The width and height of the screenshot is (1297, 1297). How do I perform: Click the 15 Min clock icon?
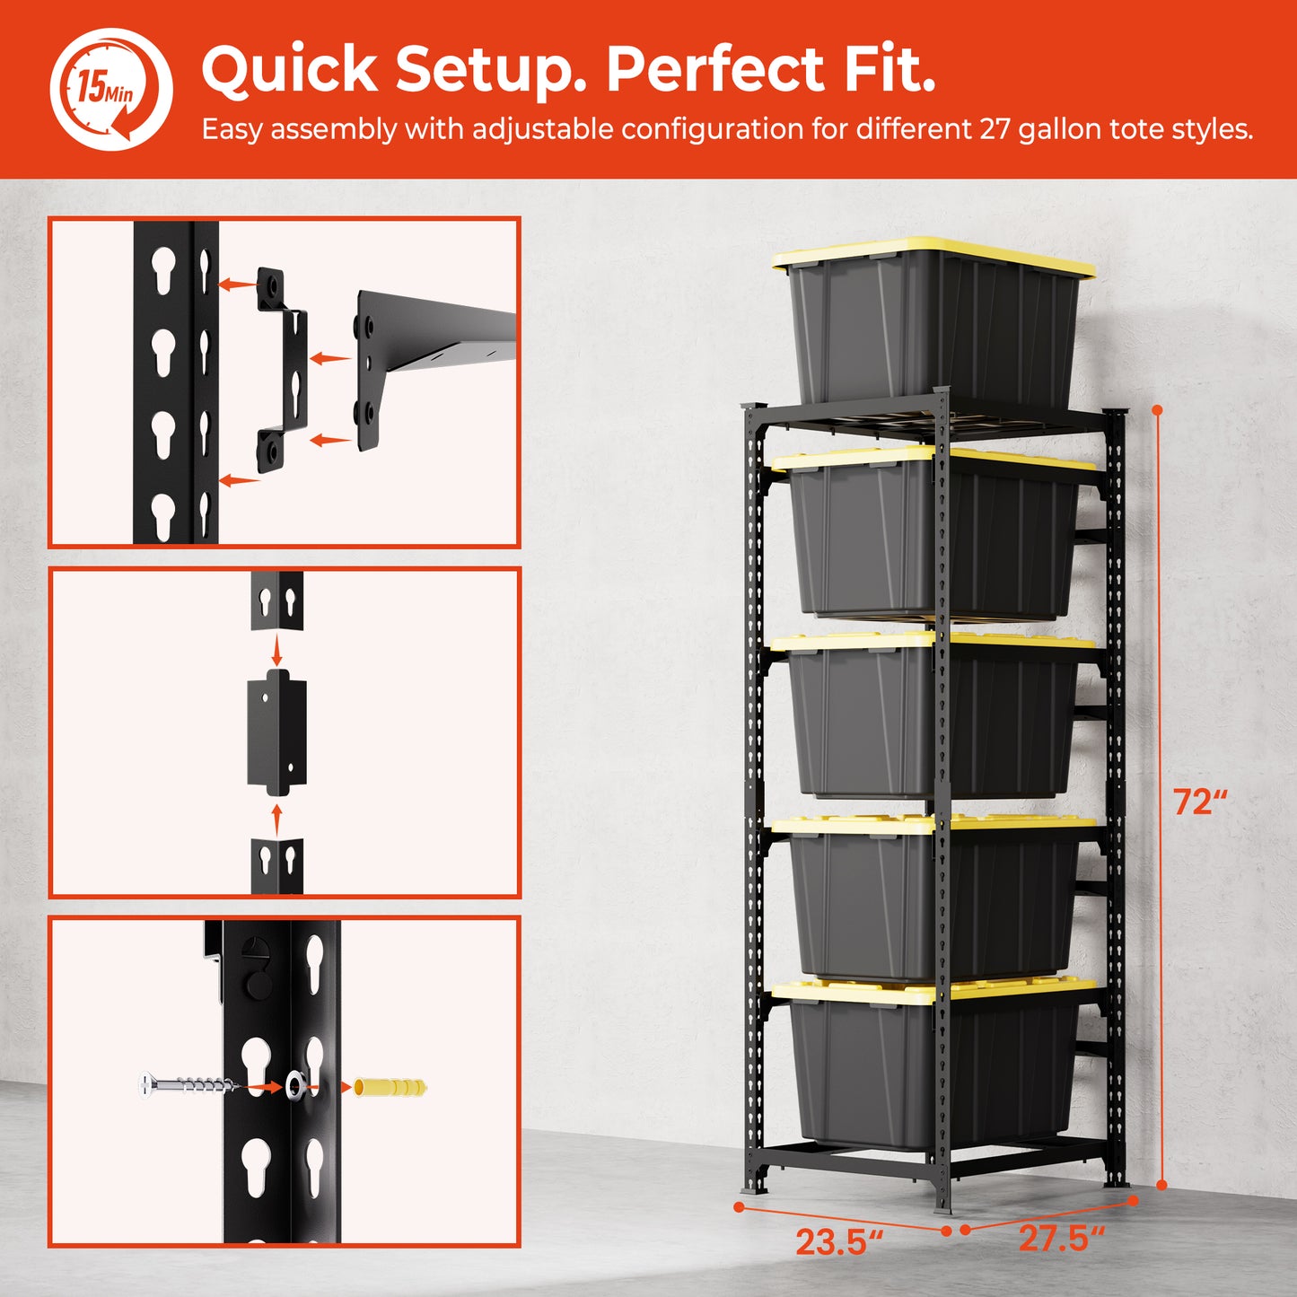(111, 89)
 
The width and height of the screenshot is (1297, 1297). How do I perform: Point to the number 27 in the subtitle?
(994, 128)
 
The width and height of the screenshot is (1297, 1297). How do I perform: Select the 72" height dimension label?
(1200, 802)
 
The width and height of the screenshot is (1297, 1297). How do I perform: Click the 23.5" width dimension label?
(839, 1242)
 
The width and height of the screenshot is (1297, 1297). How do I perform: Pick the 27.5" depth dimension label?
(1062, 1238)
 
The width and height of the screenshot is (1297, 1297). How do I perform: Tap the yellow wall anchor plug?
(390, 1086)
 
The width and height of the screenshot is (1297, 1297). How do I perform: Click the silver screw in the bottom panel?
(188, 1085)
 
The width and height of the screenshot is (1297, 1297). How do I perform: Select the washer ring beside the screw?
(294, 1085)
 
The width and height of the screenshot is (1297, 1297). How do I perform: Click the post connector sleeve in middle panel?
(276, 732)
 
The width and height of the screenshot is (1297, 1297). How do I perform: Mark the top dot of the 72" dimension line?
(1158, 410)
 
